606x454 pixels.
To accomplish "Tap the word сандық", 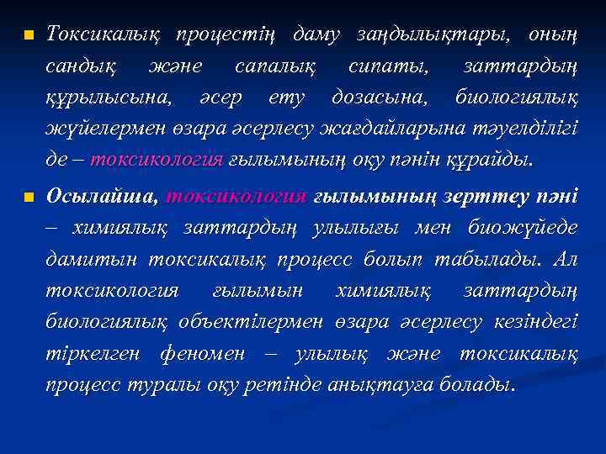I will coord(81,66).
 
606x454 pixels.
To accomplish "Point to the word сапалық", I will coord(278,66).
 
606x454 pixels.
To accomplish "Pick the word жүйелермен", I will coord(96,129).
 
